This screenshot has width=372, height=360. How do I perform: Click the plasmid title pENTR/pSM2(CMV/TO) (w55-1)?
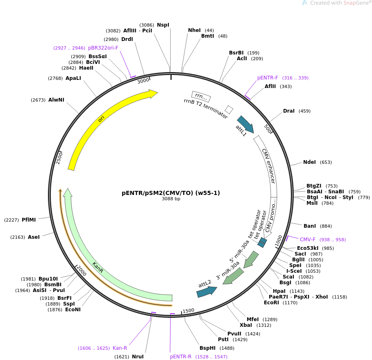coord(171,193)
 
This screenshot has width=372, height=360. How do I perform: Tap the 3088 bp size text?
coord(171,199)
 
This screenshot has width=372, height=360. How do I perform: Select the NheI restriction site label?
coord(194,30)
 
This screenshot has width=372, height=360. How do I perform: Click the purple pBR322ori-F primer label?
coord(103,48)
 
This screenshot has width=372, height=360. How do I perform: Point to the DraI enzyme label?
coord(289,111)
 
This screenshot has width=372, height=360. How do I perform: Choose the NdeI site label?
coord(309,162)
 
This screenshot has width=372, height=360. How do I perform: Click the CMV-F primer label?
coord(307,240)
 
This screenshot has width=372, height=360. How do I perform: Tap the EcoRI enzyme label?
coord(271,303)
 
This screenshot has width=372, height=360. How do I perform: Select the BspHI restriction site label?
coord(208,348)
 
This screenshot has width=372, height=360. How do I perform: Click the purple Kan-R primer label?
coord(120,348)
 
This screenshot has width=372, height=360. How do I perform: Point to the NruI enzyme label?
coord(138,356)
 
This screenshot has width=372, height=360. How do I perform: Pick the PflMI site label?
coord(29,220)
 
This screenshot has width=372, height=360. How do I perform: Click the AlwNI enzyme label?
coord(56,100)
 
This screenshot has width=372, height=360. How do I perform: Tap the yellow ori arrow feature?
coord(102,118)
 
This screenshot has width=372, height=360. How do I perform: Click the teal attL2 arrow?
coord(206,292)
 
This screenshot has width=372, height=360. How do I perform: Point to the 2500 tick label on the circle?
coord(59,158)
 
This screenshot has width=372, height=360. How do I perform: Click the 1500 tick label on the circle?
coord(188,311)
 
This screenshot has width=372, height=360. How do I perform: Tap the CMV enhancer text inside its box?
coord(269,166)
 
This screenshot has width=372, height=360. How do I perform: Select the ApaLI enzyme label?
coord(73,78)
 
